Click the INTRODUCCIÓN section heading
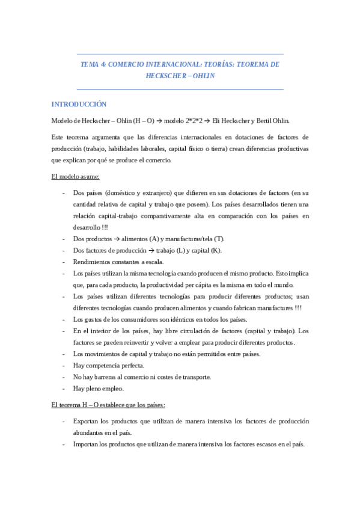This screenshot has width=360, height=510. [x=79, y=104]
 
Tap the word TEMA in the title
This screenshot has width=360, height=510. [x=90, y=64]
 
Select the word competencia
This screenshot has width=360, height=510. [x=108, y=365]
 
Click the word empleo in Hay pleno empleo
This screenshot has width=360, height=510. [x=111, y=388]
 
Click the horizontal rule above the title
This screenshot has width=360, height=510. [x=180, y=54]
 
